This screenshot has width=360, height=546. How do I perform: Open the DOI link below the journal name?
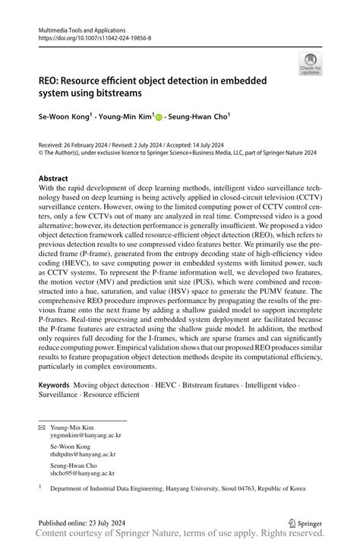93,36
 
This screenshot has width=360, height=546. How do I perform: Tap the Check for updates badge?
310,65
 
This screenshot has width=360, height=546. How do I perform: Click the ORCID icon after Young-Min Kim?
159,117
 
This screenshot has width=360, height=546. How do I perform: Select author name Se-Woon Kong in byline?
65,117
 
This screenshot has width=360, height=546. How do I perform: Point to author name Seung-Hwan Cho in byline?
200,117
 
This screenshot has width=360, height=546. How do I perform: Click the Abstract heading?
58,178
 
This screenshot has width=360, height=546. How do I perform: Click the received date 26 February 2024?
92,143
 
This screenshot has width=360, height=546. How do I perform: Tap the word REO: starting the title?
52,82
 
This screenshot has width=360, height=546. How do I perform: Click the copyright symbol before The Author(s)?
41,152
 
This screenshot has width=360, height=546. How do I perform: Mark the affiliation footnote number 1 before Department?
40,489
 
